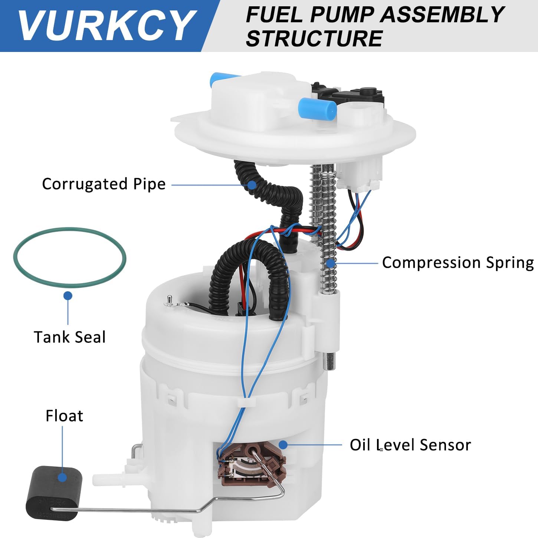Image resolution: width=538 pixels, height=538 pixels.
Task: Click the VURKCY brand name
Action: (x=107, y=25)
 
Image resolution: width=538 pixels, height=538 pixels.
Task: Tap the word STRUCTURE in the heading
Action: (x=314, y=38)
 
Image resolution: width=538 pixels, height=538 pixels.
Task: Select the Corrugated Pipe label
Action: (x=104, y=184)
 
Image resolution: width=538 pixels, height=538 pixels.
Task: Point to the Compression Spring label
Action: (x=458, y=263)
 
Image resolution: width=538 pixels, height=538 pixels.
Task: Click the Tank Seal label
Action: (x=70, y=337)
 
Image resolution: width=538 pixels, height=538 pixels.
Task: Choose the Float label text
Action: (x=64, y=416)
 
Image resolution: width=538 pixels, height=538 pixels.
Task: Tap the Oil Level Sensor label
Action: (x=410, y=444)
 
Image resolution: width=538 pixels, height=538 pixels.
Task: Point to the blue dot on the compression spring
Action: (x=330, y=263)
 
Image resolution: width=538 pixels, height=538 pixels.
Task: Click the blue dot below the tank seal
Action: (x=68, y=296)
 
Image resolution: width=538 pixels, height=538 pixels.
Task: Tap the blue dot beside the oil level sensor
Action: (x=283, y=444)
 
